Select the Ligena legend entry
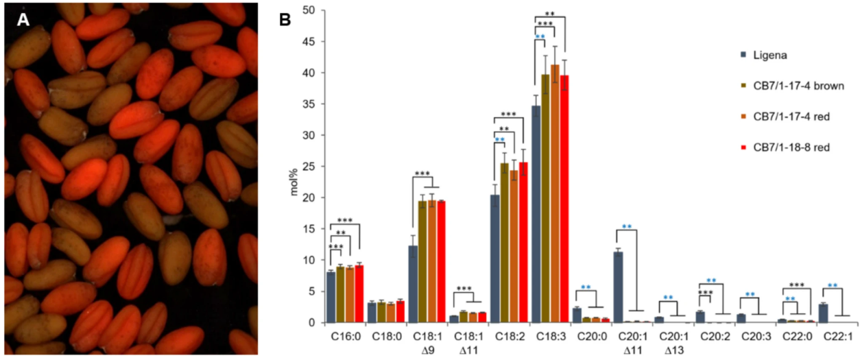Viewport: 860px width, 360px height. [x=761, y=53]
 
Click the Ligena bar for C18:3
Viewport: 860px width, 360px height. [x=536, y=214]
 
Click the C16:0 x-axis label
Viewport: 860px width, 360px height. [x=340, y=336]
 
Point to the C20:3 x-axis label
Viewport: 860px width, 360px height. [x=750, y=336]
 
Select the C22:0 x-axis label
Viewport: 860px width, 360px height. [x=791, y=336]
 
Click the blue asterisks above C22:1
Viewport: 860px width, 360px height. [x=832, y=285]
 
